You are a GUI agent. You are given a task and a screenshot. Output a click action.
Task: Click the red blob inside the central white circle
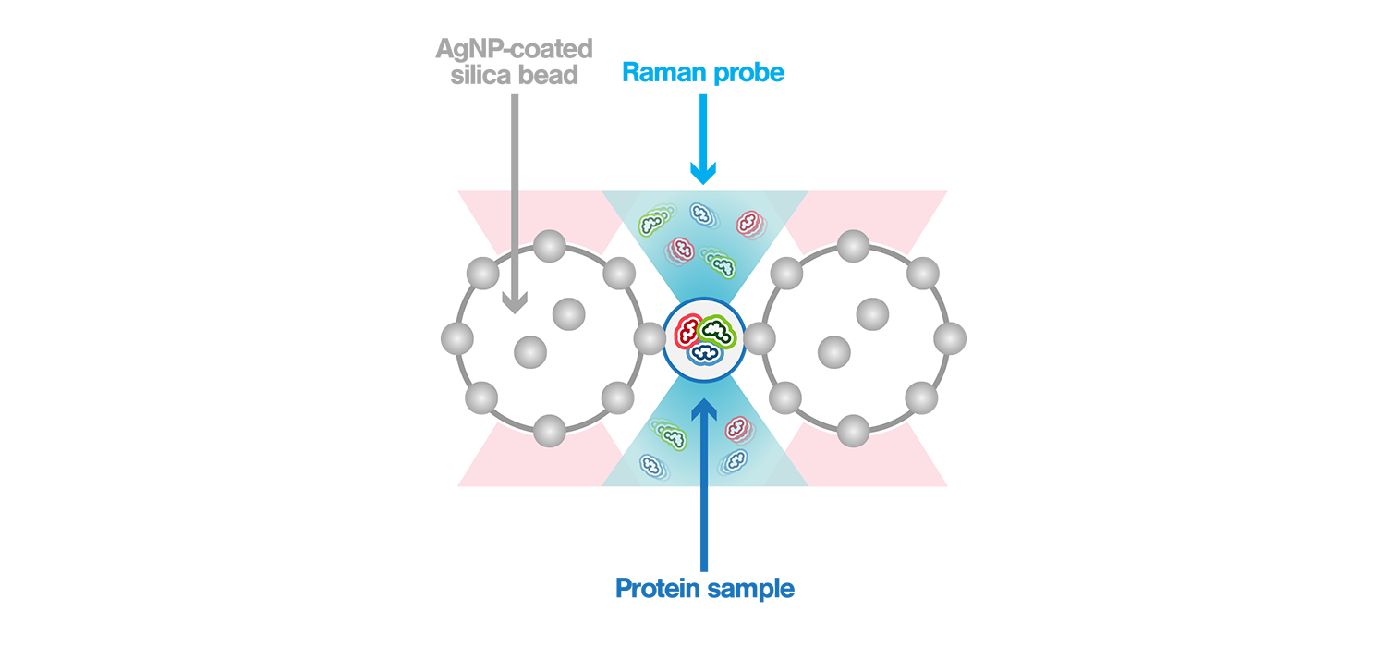(x=688, y=331)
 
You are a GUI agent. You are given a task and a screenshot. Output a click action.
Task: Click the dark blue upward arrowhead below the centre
(x=705, y=408)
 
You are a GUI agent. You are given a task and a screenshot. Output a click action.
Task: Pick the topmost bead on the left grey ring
(x=550, y=247)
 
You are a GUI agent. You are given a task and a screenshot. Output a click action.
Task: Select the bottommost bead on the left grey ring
(x=550, y=430)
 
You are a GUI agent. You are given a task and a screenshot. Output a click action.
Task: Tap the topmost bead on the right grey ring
(x=852, y=247)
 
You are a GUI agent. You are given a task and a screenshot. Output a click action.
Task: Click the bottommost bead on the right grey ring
(x=852, y=430)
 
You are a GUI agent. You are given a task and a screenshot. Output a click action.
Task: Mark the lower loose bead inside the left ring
(x=530, y=352)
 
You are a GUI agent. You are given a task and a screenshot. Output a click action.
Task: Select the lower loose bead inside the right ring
(x=833, y=352)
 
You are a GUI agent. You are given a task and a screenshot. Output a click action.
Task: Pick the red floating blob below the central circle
(x=736, y=428)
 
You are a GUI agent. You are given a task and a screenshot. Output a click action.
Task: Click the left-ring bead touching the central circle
(x=651, y=338)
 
